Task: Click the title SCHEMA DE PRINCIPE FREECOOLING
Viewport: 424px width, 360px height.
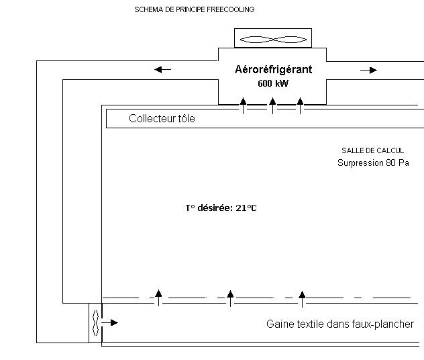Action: click(195, 9)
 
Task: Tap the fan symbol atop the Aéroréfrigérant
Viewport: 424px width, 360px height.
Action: click(272, 39)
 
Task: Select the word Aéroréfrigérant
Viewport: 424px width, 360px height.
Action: click(273, 69)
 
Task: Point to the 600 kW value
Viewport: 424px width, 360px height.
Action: click(272, 84)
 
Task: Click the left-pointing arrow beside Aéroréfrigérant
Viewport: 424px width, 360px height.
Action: click(162, 69)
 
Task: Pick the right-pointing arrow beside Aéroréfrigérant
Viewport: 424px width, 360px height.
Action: click(368, 70)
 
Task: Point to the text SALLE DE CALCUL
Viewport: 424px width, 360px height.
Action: click(372, 150)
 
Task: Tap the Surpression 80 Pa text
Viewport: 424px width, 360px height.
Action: click(372, 163)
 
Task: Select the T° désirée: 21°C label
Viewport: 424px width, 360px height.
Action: click(221, 208)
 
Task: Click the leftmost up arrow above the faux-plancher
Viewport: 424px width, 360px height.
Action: click(159, 296)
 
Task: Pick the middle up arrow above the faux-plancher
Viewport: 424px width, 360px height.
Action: click(230, 296)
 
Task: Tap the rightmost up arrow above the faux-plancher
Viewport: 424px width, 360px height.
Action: click(303, 296)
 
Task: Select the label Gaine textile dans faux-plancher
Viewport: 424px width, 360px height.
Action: click(339, 324)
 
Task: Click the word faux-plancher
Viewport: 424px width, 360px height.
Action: click(384, 324)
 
